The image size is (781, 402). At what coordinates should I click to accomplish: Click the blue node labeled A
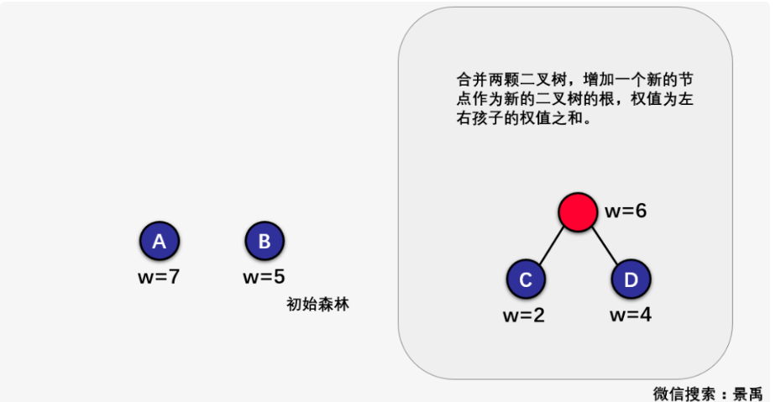click(x=159, y=243)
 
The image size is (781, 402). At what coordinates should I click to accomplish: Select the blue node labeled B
click(x=265, y=243)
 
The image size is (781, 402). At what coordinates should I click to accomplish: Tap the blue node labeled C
click(x=526, y=280)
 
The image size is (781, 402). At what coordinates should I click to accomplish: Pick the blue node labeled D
click(x=632, y=280)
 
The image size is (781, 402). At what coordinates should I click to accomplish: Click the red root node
click(x=578, y=211)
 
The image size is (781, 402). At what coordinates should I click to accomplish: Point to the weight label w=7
click(x=159, y=277)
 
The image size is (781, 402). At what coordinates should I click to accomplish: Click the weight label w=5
click(x=265, y=277)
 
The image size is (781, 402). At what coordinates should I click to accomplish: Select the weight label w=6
click(x=626, y=211)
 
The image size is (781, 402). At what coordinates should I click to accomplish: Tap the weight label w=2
click(x=525, y=316)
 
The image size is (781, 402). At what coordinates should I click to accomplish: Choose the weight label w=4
click(x=631, y=316)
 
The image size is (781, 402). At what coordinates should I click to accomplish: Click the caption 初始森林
click(x=317, y=305)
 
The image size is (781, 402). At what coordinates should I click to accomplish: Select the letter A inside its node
click(x=159, y=243)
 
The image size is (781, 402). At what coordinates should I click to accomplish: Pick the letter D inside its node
click(x=632, y=280)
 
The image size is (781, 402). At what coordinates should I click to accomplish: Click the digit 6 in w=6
click(x=641, y=211)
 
